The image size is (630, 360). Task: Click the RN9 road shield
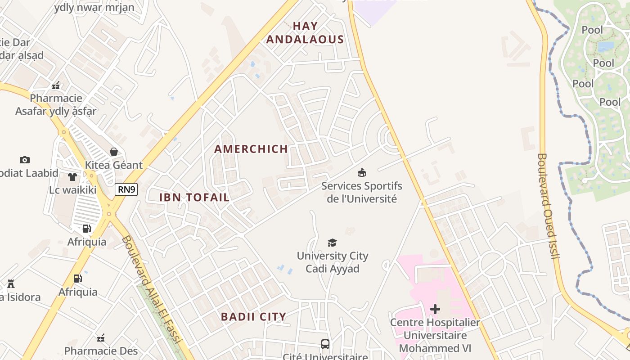point(126,189)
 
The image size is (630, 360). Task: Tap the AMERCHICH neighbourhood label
point(251,149)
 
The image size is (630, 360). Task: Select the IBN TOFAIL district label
point(194,197)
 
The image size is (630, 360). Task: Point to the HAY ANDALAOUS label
point(305,33)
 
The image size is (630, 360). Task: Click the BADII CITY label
point(253,317)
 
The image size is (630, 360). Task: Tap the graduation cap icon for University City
point(332,243)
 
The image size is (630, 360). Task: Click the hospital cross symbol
point(435,309)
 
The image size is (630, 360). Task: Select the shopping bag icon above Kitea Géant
point(114,152)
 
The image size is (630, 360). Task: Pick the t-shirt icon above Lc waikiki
point(72,176)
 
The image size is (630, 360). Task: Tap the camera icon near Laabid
point(25,160)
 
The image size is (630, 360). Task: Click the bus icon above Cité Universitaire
point(325,344)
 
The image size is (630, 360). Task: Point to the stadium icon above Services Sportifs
point(361,172)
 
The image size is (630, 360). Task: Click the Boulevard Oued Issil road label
point(548,207)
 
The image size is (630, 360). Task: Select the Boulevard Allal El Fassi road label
point(151,291)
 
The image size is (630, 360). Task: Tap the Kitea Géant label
point(114,165)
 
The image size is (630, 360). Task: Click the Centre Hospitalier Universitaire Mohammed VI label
point(435,335)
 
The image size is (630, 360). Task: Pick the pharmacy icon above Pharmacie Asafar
point(56,85)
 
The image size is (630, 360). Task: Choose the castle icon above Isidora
point(11,284)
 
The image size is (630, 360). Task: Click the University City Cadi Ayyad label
point(333,262)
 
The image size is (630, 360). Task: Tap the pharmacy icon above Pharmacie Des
point(101,338)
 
